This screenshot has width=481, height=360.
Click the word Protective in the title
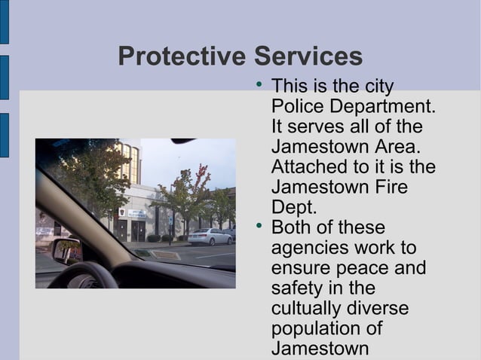click(182, 56)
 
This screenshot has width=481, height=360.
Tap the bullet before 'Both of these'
click(259, 226)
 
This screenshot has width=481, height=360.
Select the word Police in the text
click(299, 106)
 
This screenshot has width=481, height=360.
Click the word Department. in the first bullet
click(384, 106)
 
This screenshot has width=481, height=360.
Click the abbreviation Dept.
click(293, 207)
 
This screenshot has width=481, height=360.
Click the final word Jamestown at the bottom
click(320, 349)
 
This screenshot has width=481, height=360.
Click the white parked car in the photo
click(210, 236)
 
